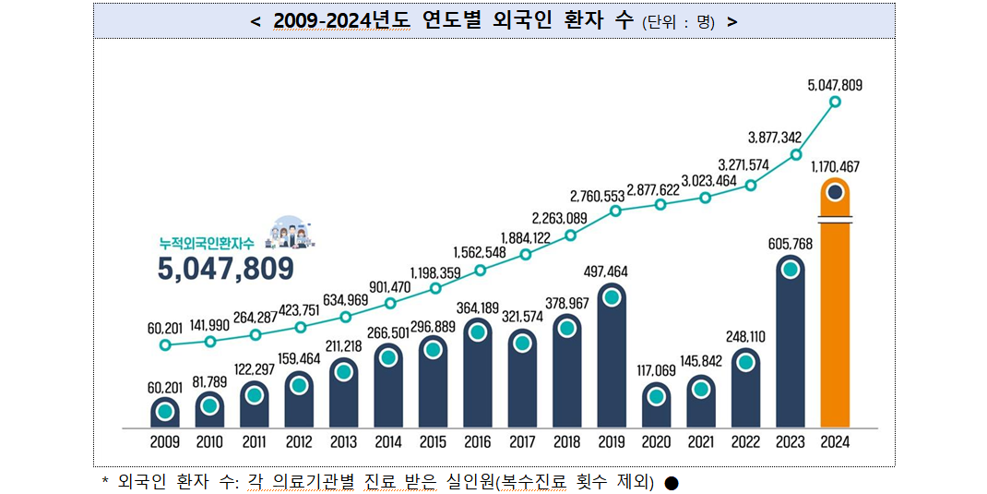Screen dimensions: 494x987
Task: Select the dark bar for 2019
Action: pos(611,360)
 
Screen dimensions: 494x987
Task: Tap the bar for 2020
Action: pos(656,406)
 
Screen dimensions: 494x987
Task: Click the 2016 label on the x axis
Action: pos(477,442)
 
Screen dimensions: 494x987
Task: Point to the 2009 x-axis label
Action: pos(164,442)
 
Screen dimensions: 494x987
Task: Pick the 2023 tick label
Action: pos(790,442)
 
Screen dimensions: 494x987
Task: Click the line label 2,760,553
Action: pos(598,196)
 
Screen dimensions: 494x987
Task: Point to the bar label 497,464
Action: pos(612,271)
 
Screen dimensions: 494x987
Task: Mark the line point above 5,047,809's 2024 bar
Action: pos(836,102)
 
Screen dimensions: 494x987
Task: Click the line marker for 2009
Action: pos(165,345)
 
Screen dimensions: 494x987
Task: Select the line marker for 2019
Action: pos(615,211)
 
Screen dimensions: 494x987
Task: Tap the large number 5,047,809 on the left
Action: pos(225,268)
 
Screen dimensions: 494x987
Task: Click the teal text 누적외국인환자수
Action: pos(208,242)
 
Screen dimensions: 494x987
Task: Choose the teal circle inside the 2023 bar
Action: pos(790,270)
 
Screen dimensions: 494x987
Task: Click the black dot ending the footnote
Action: pos(672,483)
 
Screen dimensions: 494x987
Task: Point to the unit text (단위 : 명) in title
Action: pos(679,22)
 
